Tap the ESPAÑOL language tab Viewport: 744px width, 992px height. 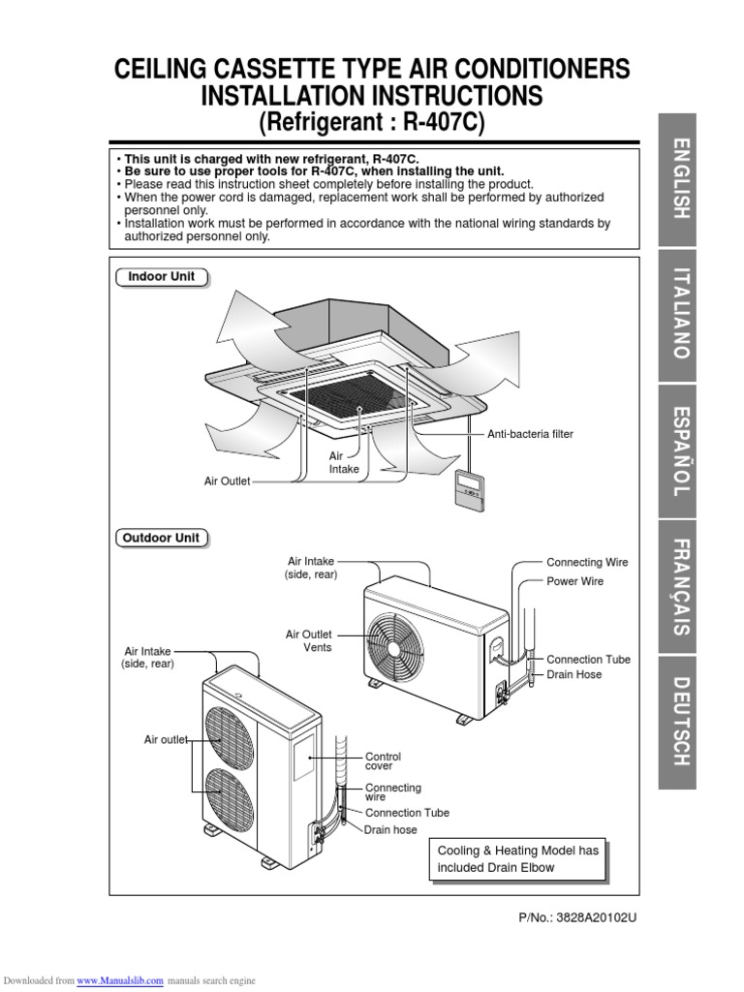tap(684, 449)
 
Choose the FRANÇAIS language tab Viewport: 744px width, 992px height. tap(684, 586)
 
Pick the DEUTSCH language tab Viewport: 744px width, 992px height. tap(684, 722)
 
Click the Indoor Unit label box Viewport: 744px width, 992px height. tap(162, 277)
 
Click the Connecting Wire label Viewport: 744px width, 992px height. tap(587, 562)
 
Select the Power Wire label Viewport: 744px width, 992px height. tap(574, 581)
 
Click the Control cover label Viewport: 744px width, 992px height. tap(383, 761)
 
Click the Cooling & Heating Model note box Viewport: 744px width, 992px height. tap(518, 858)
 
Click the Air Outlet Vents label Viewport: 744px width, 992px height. tap(308, 640)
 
